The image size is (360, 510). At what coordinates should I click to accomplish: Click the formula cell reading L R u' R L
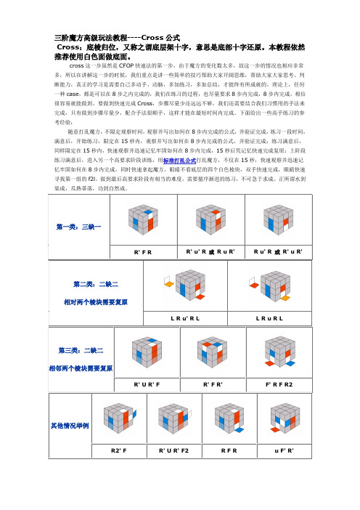pos(187,317)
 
